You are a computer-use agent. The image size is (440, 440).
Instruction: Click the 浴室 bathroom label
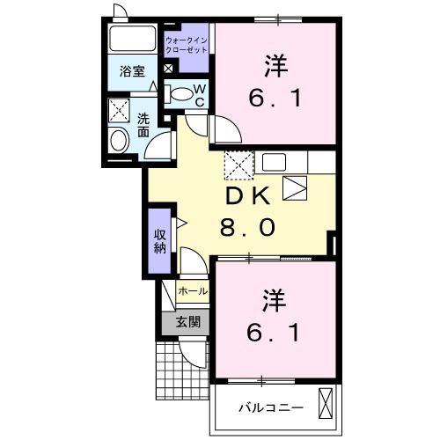[133, 72]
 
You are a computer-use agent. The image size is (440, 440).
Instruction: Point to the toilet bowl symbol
[180, 93]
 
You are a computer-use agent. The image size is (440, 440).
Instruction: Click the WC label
[200, 94]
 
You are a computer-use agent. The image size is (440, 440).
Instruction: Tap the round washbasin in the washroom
[118, 139]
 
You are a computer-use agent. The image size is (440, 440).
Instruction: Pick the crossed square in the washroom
[118, 109]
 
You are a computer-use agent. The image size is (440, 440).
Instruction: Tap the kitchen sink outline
[294, 187]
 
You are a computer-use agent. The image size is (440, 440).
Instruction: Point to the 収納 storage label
[159, 238]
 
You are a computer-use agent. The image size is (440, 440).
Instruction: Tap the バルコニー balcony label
[272, 407]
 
